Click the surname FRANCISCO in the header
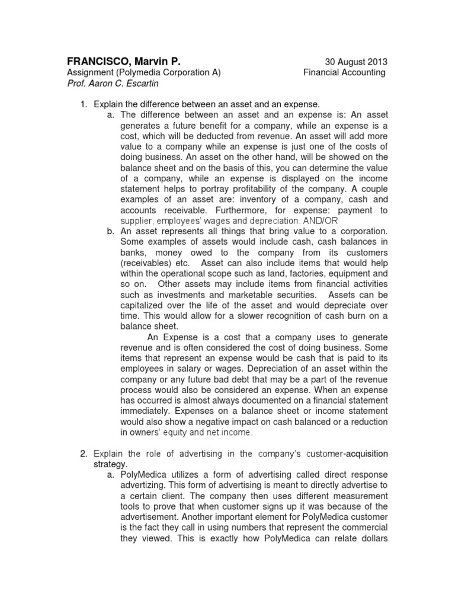[x=94, y=62]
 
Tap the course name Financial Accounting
[x=344, y=72]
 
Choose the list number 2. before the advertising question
[x=84, y=453]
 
